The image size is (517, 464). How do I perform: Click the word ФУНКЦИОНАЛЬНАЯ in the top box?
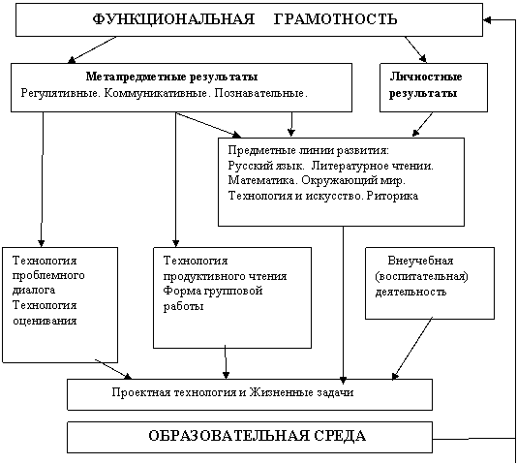click(x=173, y=19)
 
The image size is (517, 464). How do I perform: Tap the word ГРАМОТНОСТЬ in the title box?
click(x=335, y=18)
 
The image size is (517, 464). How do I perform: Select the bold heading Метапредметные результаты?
click(x=171, y=77)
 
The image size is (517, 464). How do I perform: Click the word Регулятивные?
click(x=60, y=93)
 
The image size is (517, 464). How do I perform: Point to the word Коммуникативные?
click(x=157, y=93)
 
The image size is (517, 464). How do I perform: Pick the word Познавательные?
click(x=260, y=93)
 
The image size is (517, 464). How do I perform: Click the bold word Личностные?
click(x=426, y=77)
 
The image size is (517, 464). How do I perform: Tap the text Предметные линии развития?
click(x=309, y=150)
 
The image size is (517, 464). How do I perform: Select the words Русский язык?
click(x=266, y=166)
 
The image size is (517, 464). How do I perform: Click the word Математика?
click(x=262, y=181)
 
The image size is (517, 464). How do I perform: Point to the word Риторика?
click(x=392, y=196)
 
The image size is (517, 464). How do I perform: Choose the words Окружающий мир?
click(x=353, y=181)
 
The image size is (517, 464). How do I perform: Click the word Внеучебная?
click(x=420, y=261)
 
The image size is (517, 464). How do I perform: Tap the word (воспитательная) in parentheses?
click(x=422, y=276)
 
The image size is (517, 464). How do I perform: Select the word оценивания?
click(x=45, y=321)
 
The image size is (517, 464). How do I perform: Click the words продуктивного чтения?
click(x=226, y=276)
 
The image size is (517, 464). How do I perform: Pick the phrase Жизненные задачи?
click(x=301, y=392)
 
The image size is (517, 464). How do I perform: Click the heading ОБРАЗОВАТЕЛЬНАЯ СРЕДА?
click(x=258, y=436)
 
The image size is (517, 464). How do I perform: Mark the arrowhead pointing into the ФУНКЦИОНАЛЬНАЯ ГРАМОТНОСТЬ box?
click(x=487, y=19)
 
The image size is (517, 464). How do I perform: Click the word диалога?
click(x=34, y=291)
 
